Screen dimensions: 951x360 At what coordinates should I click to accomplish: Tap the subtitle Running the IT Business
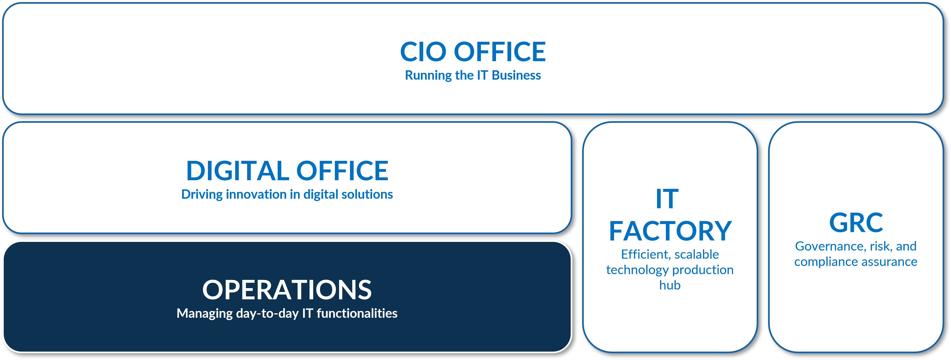tap(473, 75)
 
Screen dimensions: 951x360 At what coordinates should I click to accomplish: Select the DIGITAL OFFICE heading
tap(287, 171)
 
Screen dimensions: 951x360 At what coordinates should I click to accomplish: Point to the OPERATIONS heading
tap(287, 290)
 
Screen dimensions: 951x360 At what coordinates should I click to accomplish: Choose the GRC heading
tap(856, 223)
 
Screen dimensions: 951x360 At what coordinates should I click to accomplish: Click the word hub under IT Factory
tap(670, 285)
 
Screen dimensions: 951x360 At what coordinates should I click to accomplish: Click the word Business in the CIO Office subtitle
tap(517, 75)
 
